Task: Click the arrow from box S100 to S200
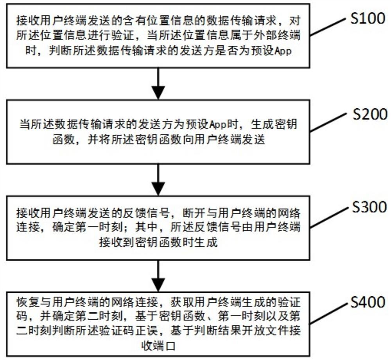tap(158, 84)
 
